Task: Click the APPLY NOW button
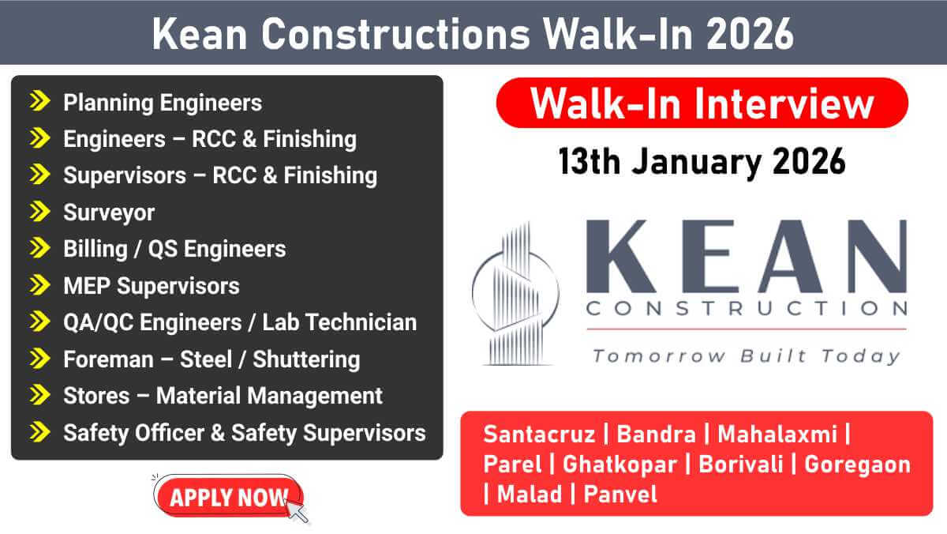(228, 496)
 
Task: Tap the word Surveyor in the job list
(109, 212)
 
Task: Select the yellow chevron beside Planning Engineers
(39, 101)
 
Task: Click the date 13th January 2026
(702, 162)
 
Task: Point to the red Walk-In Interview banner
(702, 103)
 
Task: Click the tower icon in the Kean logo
(515, 294)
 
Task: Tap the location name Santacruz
(540, 434)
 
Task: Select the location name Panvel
(620, 494)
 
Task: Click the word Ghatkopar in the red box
(619, 464)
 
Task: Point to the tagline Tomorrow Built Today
(747, 356)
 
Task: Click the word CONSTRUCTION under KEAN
(747, 308)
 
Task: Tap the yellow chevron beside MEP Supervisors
(39, 284)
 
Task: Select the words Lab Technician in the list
(339, 322)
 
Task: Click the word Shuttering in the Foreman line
(306, 359)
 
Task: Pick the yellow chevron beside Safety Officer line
(39, 431)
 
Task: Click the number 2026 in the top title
(750, 34)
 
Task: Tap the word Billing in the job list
(95, 249)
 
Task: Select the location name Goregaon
(857, 464)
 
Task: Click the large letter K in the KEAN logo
(620, 257)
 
